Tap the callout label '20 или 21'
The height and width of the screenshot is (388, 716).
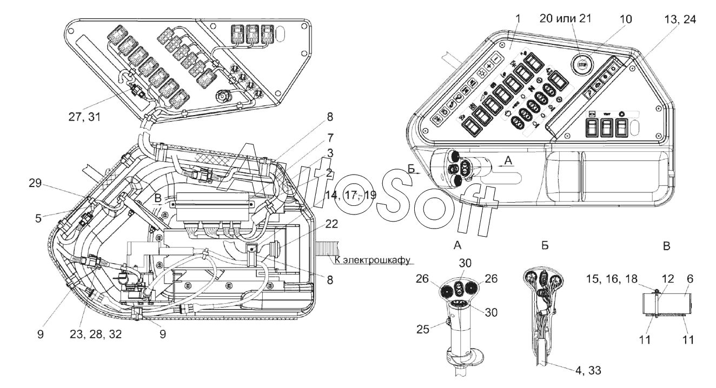[566, 18]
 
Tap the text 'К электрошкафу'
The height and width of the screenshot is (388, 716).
[372, 260]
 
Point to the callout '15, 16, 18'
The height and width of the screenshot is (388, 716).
[611, 278]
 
